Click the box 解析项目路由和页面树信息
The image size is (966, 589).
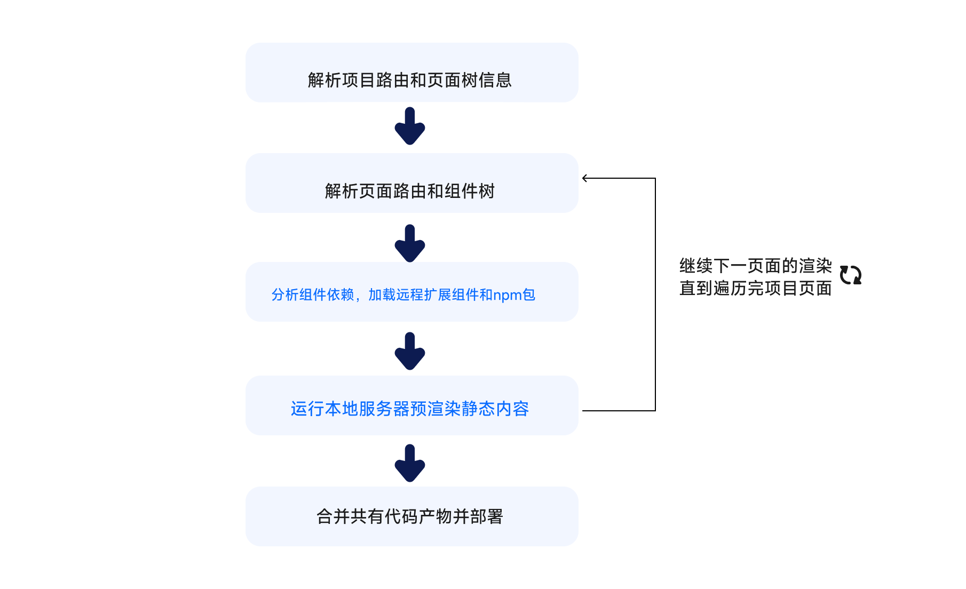click(411, 73)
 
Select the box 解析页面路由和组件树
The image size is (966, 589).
click(411, 183)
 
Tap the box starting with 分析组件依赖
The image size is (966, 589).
click(411, 292)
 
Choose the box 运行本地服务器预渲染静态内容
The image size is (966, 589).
click(411, 405)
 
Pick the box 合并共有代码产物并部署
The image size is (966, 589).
click(411, 516)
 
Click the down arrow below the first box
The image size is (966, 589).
click(410, 126)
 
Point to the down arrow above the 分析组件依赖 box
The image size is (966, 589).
click(410, 244)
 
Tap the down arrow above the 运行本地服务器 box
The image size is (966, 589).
click(410, 352)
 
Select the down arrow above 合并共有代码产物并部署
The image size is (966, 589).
click(410, 464)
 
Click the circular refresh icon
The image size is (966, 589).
click(850, 275)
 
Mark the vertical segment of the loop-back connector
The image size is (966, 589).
click(655, 293)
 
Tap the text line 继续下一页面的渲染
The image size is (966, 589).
click(755, 266)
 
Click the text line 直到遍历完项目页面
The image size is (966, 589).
click(755, 289)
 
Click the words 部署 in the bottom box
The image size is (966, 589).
click(487, 516)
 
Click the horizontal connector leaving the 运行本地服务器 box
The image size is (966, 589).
click(619, 410)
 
